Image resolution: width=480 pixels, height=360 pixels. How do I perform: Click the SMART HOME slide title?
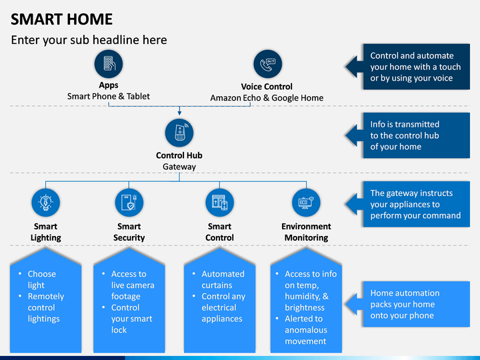tap(62, 19)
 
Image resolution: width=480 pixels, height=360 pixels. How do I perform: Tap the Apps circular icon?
tap(109, 64)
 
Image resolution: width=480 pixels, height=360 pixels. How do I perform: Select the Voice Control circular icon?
tap(267, 64)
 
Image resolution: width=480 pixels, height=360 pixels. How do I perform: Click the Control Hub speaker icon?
tap(179, 132)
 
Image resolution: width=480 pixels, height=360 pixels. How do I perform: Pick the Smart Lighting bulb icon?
tap(46, 202)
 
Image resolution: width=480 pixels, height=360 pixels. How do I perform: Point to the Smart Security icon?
tap(129, 202)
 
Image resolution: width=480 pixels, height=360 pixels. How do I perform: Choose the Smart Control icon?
tap(219, 202)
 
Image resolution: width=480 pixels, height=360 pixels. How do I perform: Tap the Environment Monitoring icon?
tap(306, 202)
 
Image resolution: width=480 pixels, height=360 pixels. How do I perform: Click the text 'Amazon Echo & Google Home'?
tap(267, 97)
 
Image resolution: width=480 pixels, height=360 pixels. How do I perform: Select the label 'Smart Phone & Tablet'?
tap(109, 96)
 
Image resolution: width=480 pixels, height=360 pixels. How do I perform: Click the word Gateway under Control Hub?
tap(179, 167)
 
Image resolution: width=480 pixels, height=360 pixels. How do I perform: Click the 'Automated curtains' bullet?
tap(223, 279)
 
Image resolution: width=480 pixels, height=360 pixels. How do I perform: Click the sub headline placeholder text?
tap(89, 40)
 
